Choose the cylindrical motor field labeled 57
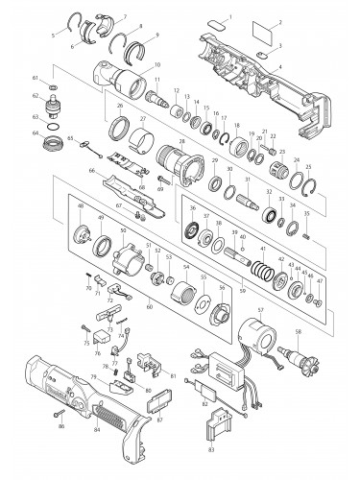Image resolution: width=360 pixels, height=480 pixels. (x=255, y=338)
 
